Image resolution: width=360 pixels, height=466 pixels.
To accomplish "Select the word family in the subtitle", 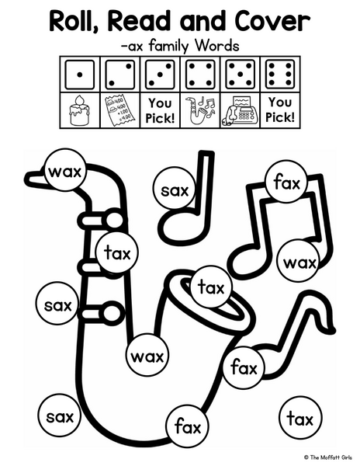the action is (168, 47).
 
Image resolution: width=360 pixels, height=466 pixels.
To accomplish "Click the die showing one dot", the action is (80, 75).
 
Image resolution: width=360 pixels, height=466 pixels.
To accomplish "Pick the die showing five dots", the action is (240, 75).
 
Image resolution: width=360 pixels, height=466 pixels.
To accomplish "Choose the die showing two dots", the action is (119, 75).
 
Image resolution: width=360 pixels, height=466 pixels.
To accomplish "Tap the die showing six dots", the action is (280, 75).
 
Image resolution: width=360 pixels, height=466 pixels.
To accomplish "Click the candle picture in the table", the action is (79, 110).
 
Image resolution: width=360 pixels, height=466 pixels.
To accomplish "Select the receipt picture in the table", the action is (120, 110).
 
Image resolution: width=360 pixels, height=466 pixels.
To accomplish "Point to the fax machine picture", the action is (240, 111).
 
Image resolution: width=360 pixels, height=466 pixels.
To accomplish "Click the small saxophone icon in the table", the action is (200, 110).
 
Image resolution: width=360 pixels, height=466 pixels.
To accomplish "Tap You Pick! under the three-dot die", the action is (160, 110).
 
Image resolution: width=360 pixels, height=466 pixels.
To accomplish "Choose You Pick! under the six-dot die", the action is (280, 110).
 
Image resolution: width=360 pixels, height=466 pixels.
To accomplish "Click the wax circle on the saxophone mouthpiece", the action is (65, 172).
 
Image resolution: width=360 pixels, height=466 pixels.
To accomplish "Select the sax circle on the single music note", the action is (175, 190).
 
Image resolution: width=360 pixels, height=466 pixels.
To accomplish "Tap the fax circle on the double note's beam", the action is (286, 181).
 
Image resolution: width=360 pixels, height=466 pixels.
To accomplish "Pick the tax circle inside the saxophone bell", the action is (211, 287).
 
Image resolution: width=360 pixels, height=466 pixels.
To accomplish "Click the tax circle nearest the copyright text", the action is (300, 419).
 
